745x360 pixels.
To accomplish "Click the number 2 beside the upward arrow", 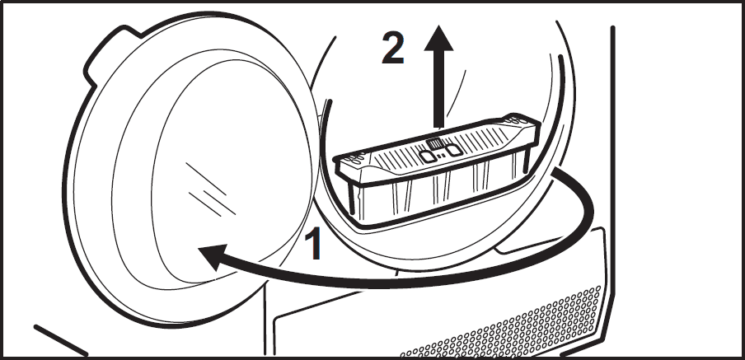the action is (393, 48).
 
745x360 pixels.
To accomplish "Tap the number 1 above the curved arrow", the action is (314, 243).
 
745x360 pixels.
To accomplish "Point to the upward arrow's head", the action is (438, 38).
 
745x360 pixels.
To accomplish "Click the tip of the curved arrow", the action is (199, 250).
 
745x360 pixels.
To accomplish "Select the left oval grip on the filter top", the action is (428, 156).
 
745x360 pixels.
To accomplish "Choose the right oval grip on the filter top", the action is (454, 150).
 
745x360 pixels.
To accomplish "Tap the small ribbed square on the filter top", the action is (434, 144).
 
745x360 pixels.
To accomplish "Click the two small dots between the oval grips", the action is (441, 155).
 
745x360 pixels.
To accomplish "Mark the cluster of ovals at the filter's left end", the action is (356, 157).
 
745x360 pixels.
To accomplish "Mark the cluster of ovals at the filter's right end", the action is (513, 120).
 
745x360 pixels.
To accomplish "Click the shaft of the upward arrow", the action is (438, 89).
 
